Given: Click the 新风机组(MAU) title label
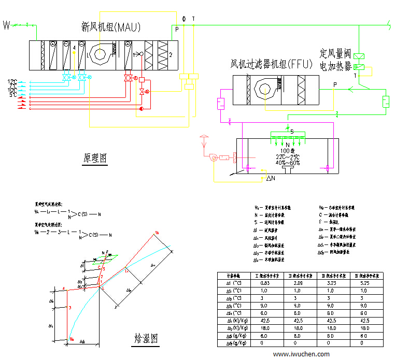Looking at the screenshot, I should [111, 26].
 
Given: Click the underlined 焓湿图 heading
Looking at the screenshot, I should [146, 339].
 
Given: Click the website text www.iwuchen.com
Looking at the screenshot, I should [301, 354].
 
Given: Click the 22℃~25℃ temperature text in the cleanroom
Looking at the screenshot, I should [287, 156].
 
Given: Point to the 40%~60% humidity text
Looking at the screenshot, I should [287, 163].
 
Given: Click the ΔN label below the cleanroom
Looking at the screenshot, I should [271, 178].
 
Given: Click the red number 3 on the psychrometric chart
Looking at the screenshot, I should [69, 308].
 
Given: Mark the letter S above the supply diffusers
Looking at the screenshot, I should [291, 132].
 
